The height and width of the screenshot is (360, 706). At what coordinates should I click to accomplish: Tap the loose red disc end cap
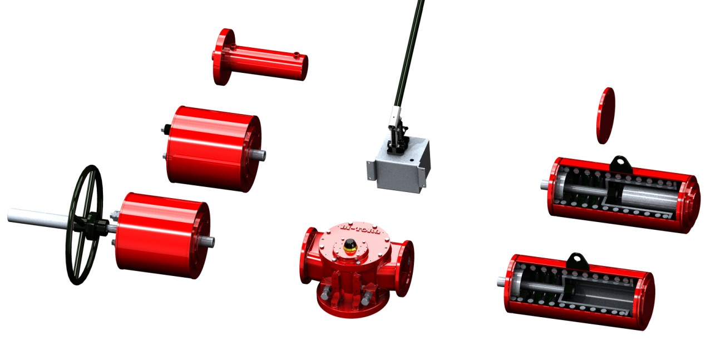pos(605,115)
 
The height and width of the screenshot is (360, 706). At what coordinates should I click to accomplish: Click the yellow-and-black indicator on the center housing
pos(350,245)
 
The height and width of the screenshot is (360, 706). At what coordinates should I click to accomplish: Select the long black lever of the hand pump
pos(409,50)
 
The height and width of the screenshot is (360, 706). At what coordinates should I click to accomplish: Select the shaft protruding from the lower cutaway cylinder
pos(501,282)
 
